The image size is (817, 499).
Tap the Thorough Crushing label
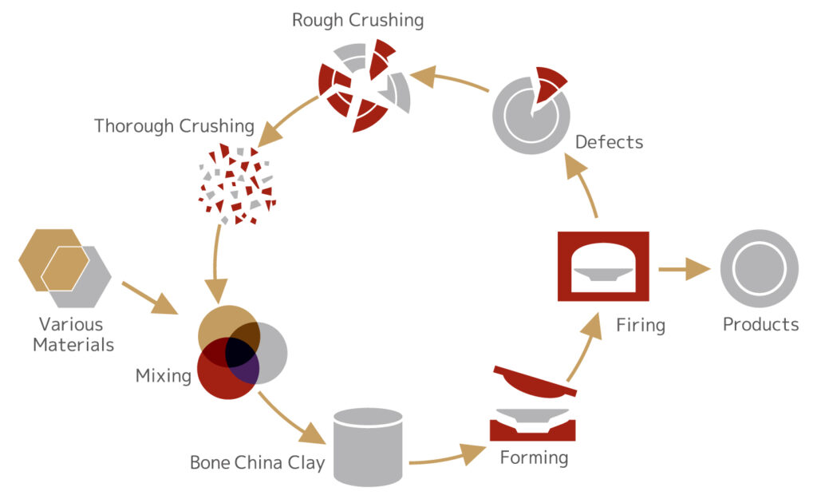click(x=174, y=126)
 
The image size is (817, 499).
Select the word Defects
click(x=609, y=143)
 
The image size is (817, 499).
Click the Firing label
click(x=640, y=325)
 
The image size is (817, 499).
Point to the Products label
click(x=760, y=325)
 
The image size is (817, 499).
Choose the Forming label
click(x=534, y=458)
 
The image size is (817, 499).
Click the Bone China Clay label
click(x=257, y=463)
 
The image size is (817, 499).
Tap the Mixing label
click(x=163, y=375)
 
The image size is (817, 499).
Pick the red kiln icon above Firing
click(x=603, y=266)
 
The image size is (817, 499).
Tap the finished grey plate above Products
click(x=759, y=268)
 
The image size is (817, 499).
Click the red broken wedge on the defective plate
click(x=549, y=83)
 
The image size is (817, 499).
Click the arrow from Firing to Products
click(x=684, y=269)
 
